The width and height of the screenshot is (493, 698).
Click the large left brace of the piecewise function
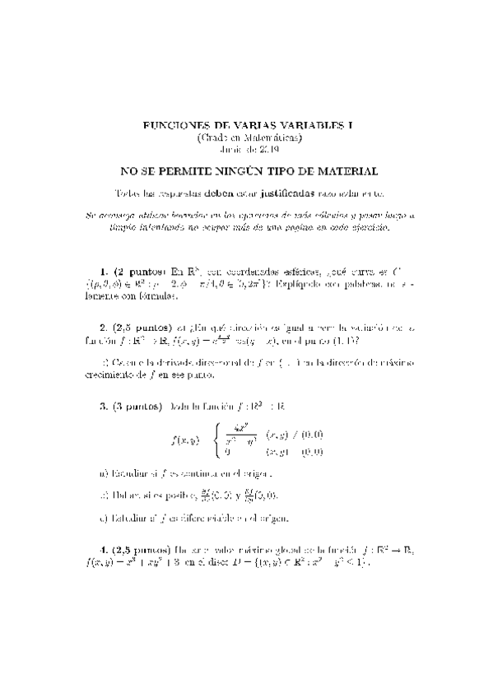216,440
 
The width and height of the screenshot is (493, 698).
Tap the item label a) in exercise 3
102,474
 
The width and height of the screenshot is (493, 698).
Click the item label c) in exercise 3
102,518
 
